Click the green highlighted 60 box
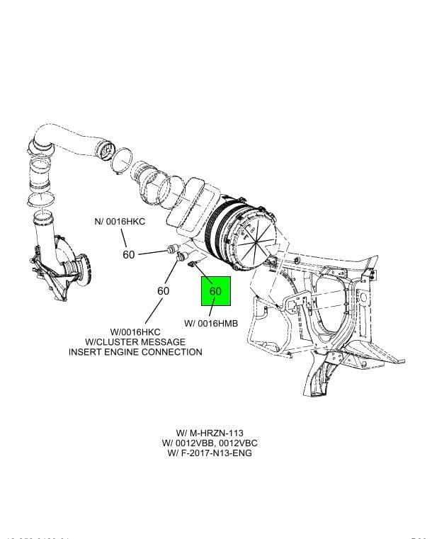215,291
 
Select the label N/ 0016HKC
120,222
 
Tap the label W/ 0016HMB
210,323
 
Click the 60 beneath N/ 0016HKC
128,254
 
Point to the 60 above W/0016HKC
163,291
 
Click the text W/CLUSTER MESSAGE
135,342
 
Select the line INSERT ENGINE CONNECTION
135,352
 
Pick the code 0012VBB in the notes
203,443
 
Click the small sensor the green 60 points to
192,266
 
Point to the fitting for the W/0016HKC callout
181,256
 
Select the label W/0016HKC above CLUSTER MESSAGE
135,332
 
